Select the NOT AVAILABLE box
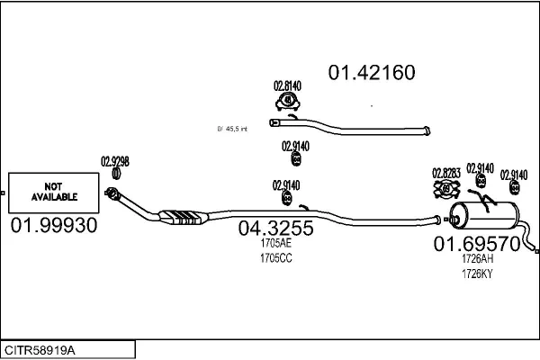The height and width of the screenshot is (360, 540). tap(55, 191)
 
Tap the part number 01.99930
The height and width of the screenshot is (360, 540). tap(54, 225)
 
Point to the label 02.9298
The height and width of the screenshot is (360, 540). tap(115, 162)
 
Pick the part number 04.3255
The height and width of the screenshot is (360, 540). tap(275, 229)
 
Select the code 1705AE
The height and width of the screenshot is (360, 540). tap(275, 244)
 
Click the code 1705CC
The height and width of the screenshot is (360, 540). tap(275, 258)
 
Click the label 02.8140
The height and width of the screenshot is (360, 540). tap(287, 86)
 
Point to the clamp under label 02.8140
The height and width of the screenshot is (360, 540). tap(287, 102)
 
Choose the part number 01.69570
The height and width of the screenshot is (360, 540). tap(477, 244)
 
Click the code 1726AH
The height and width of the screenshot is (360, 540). tap(477, 259)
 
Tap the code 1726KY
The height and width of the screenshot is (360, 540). tap(477, 274)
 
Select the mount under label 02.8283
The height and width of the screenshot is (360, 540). tap(446, 189)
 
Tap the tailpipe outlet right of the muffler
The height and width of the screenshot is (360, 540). tap(532, 245)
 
